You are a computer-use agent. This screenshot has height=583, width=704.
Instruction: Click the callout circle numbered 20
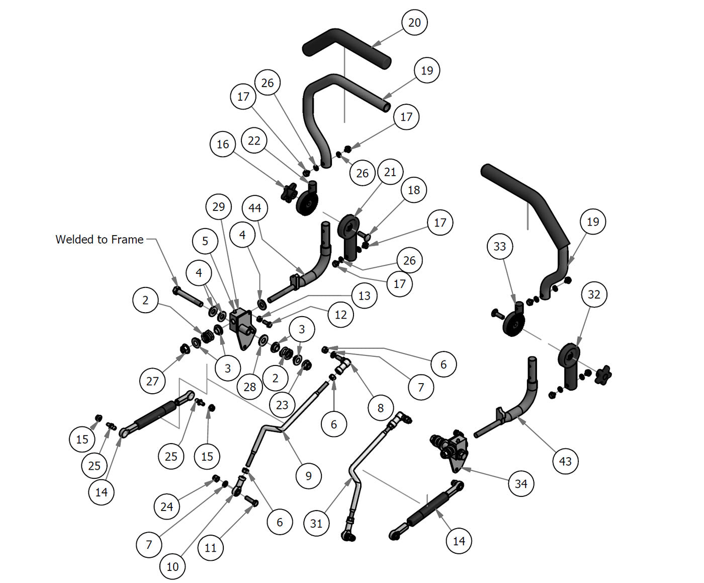[414, 23]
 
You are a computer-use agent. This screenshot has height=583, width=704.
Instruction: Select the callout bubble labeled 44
[254, 208]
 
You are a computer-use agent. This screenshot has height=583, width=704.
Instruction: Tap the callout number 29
[219, 207]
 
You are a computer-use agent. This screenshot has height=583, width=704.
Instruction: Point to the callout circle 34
[521, 484]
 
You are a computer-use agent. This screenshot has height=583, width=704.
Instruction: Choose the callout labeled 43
[565, 461]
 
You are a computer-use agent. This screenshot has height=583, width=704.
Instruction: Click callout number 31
[316, 523]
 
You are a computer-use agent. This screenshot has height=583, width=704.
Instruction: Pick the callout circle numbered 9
[308, 476]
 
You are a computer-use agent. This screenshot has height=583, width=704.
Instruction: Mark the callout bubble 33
[500, 246]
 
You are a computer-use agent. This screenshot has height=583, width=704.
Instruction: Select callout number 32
[594, 295]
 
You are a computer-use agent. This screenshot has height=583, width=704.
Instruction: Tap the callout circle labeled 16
[223, 144]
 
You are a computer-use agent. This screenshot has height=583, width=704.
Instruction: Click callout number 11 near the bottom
[211, 547]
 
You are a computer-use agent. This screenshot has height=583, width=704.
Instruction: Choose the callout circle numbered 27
[152, 381]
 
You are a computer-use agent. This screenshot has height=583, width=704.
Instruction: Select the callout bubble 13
[364, 296]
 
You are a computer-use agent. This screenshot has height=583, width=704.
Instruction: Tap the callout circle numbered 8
[380, 408]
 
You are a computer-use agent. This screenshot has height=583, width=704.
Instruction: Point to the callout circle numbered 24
[166, 506]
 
